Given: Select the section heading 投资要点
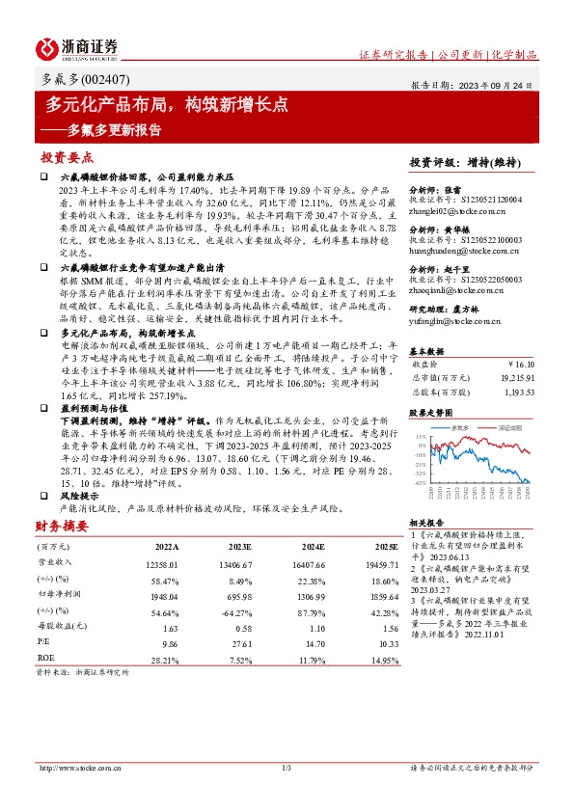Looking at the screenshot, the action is point(67,155).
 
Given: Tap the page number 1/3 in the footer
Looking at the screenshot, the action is point(287,767).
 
